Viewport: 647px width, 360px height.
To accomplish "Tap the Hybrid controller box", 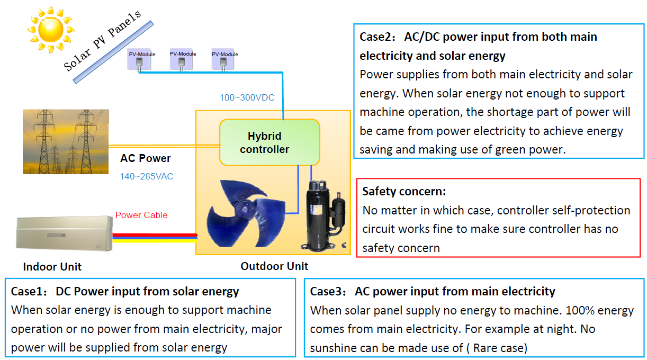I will pos(269,142).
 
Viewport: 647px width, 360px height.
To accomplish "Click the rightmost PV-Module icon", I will pos(224,60).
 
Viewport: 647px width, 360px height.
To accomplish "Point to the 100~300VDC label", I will pos(247,98).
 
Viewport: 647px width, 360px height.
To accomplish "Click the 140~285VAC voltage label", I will pos(147,176).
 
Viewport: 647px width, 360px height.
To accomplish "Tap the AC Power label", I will pos(146,158).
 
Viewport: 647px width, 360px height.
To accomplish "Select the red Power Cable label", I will pos(141,215).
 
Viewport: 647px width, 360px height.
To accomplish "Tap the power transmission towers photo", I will pos(66,142).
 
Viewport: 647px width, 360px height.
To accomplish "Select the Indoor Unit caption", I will pos(52,266).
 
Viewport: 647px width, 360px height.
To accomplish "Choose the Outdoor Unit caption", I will pos(274,266).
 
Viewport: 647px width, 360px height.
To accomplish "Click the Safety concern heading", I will pos(404,191).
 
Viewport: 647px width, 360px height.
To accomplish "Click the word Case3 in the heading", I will pos(325,291).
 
